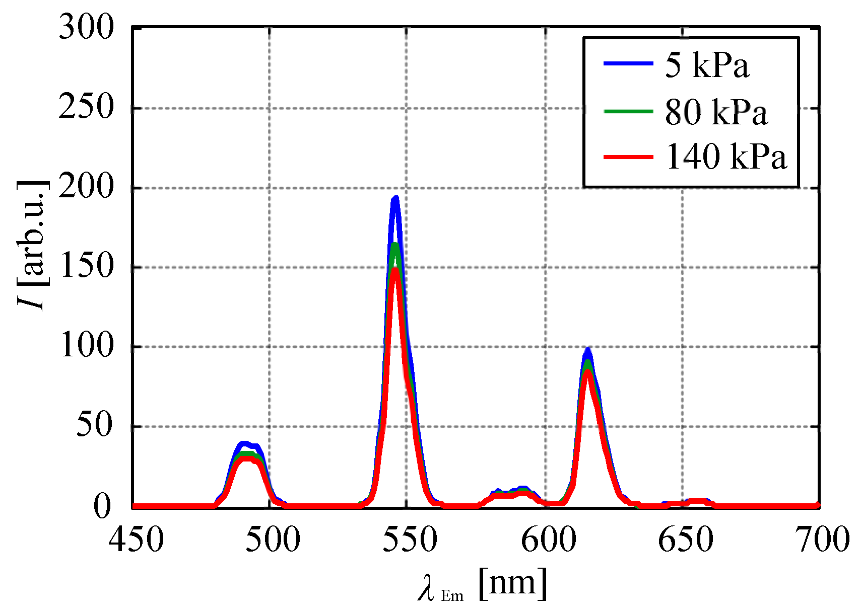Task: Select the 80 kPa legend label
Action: click(x=716, y=111)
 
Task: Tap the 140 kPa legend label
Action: click(x=726, y=157)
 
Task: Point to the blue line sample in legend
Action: click(x=628, y=63)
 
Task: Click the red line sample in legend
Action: click(x=628, y=157)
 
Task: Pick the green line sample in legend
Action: click(x=628, y=111)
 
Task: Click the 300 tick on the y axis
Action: click(x=86, y=27)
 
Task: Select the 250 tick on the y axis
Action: click(x=86, y=107)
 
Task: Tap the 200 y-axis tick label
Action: click(x=86, y=187)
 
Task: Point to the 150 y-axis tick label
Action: click(x=86, y=267)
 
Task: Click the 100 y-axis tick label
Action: click(x=86, y=346)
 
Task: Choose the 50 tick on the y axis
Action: click(x=94, y=426)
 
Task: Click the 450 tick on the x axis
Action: click(x=136, y=540)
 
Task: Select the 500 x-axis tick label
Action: click(x=273, y=540)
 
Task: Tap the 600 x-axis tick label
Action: click(x=548, y=540)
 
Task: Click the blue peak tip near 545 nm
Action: click(x=395, y=198)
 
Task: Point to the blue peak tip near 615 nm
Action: click(x=587, y=349)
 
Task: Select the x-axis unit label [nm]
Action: click(x=512, y=584)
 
